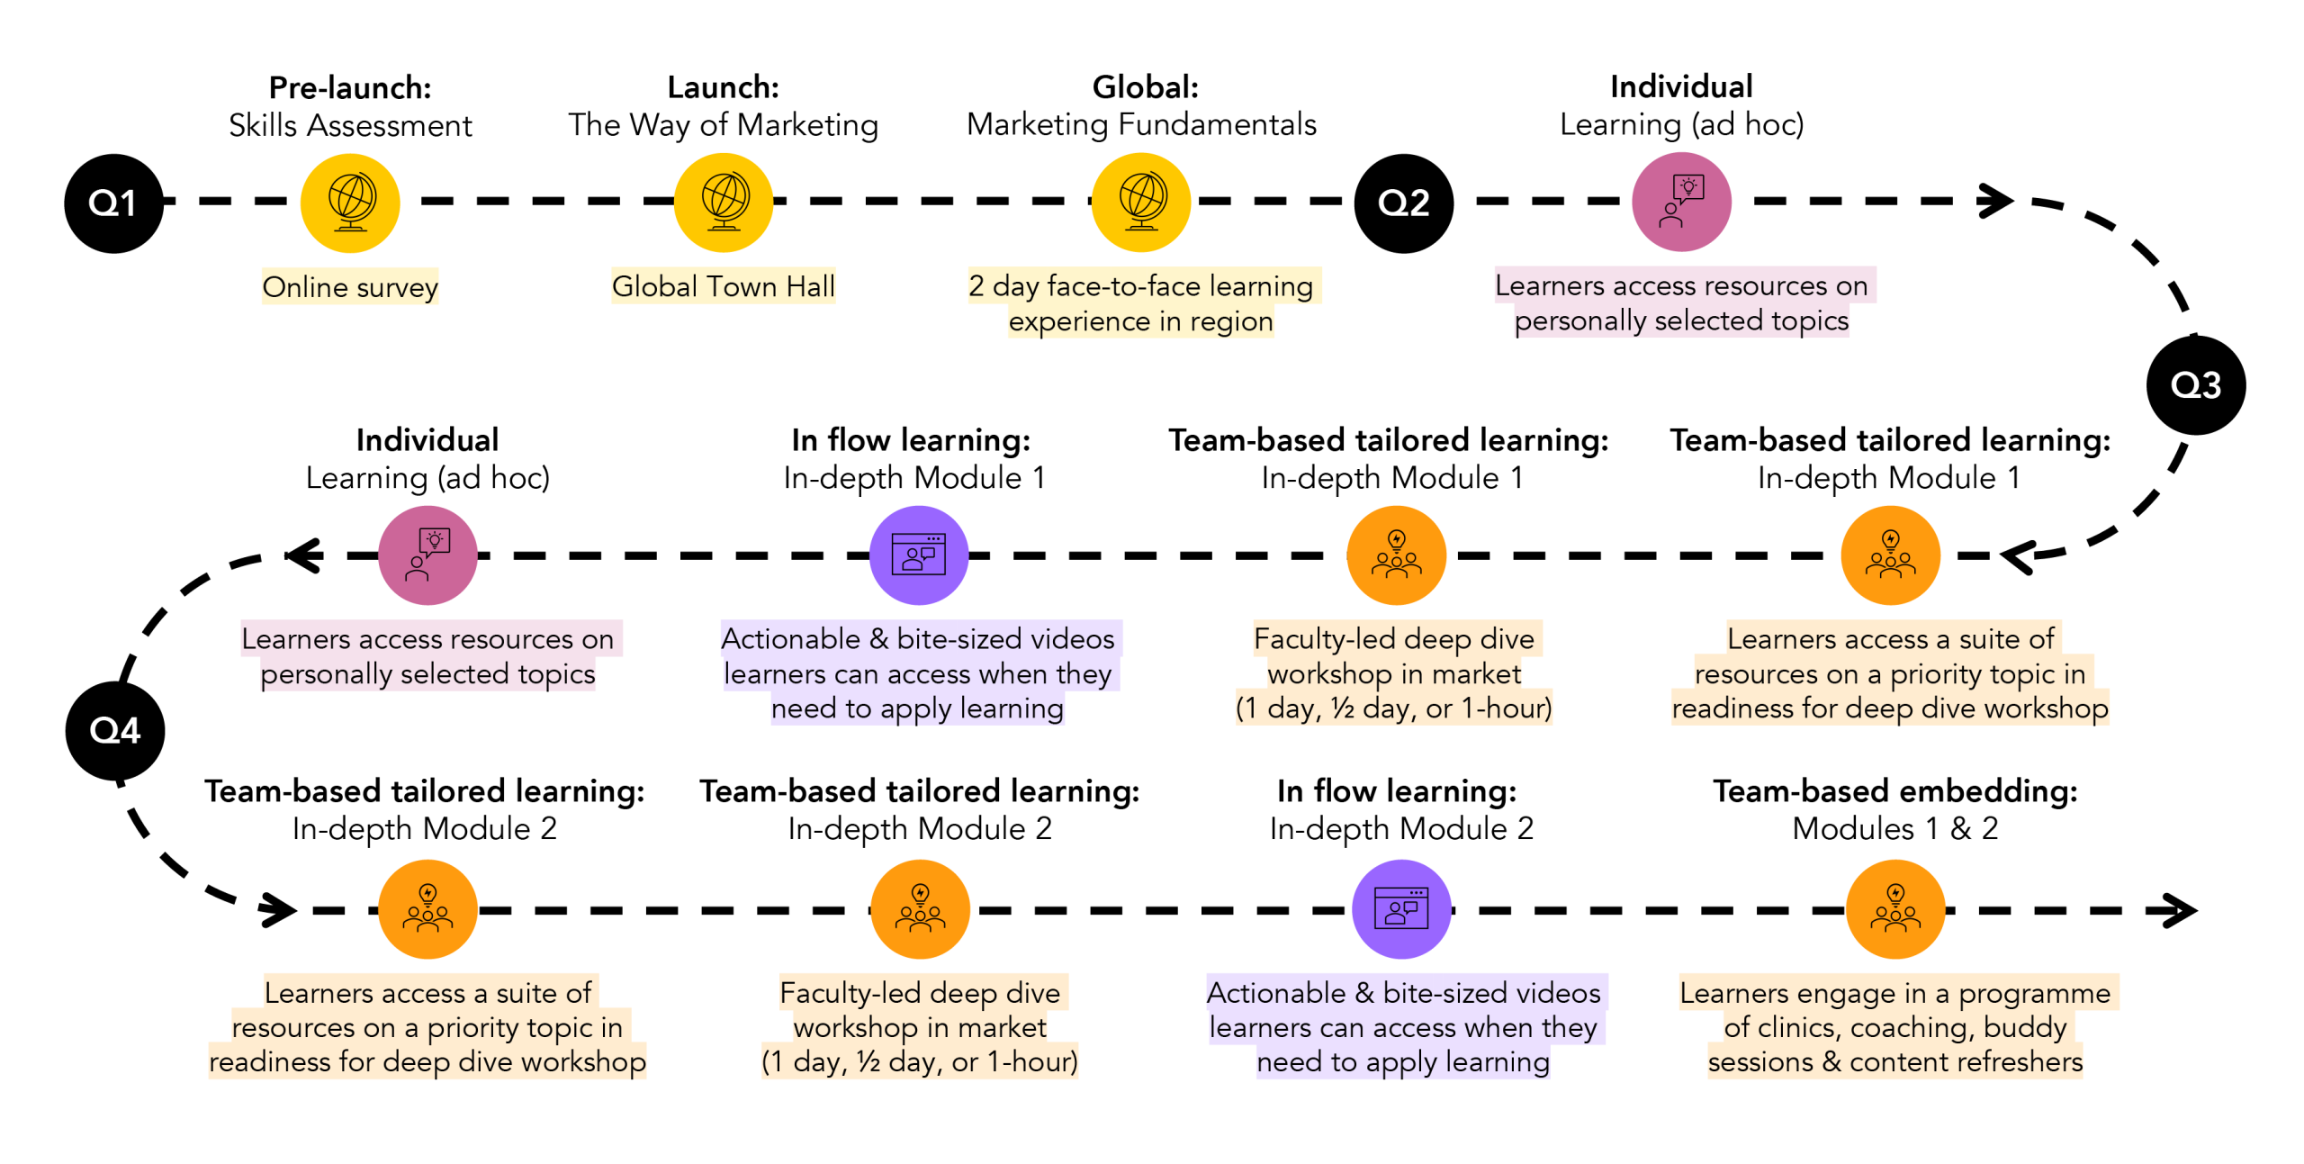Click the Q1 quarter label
[112, 203]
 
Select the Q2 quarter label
[1403, 203]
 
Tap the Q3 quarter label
[2195, 385]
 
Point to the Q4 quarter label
[115, 730]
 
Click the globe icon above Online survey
[350, 203]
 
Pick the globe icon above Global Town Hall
[724, 203]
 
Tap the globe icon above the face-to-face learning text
[1141, 203]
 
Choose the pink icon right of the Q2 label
[1681, 203]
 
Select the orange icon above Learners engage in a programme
[1894, 909]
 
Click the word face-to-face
[1124, 286]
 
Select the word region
[1231, 321]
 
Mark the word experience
[1078, 321]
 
